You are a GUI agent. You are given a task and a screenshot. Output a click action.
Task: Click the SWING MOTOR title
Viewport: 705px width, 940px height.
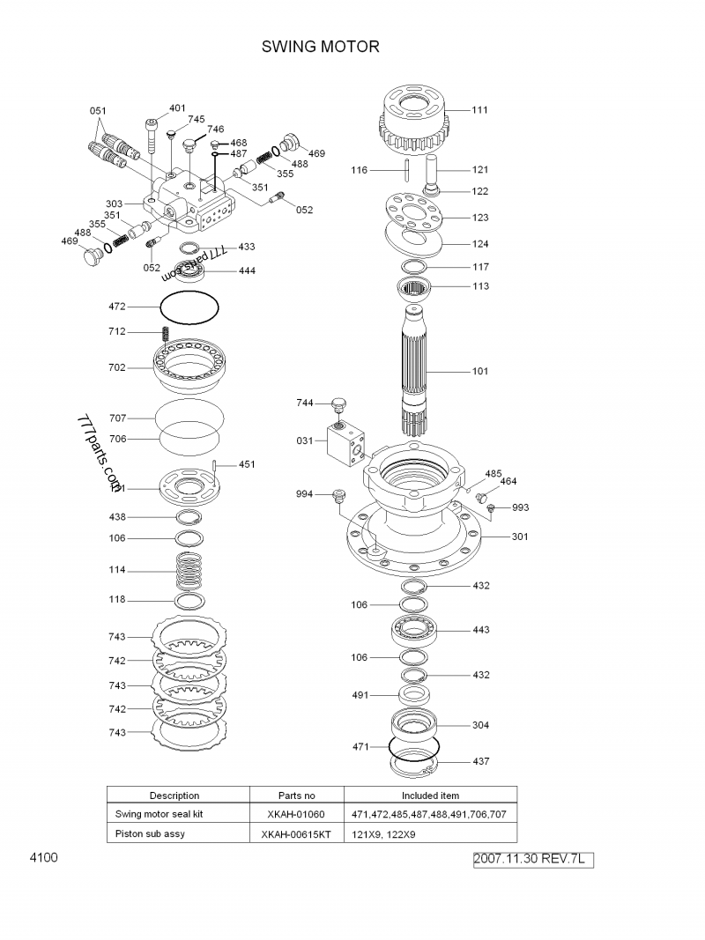321,47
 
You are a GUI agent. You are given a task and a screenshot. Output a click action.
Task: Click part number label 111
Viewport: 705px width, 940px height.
479,110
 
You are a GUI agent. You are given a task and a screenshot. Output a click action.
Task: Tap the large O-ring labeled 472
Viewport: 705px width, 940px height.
189,307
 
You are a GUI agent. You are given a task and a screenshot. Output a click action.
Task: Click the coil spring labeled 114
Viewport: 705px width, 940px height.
189,572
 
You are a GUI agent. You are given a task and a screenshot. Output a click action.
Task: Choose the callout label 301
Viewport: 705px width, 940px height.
520,537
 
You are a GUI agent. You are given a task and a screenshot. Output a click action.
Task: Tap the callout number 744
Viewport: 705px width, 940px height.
304,403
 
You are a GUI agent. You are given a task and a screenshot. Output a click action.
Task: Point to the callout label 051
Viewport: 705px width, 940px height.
98,111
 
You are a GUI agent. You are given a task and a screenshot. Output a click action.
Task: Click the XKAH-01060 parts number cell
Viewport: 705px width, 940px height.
297,815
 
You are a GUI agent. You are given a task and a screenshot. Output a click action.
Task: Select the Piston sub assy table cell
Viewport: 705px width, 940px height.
151,834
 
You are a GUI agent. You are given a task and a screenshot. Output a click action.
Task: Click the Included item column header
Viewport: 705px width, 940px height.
430,796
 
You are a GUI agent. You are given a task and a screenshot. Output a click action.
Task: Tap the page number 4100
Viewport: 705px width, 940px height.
43,857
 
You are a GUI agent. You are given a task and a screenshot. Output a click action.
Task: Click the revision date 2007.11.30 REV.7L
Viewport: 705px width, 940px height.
533,859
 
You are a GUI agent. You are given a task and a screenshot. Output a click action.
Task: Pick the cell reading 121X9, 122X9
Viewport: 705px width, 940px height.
383,834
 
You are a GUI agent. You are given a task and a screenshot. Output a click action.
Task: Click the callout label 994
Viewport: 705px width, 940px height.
304,494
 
